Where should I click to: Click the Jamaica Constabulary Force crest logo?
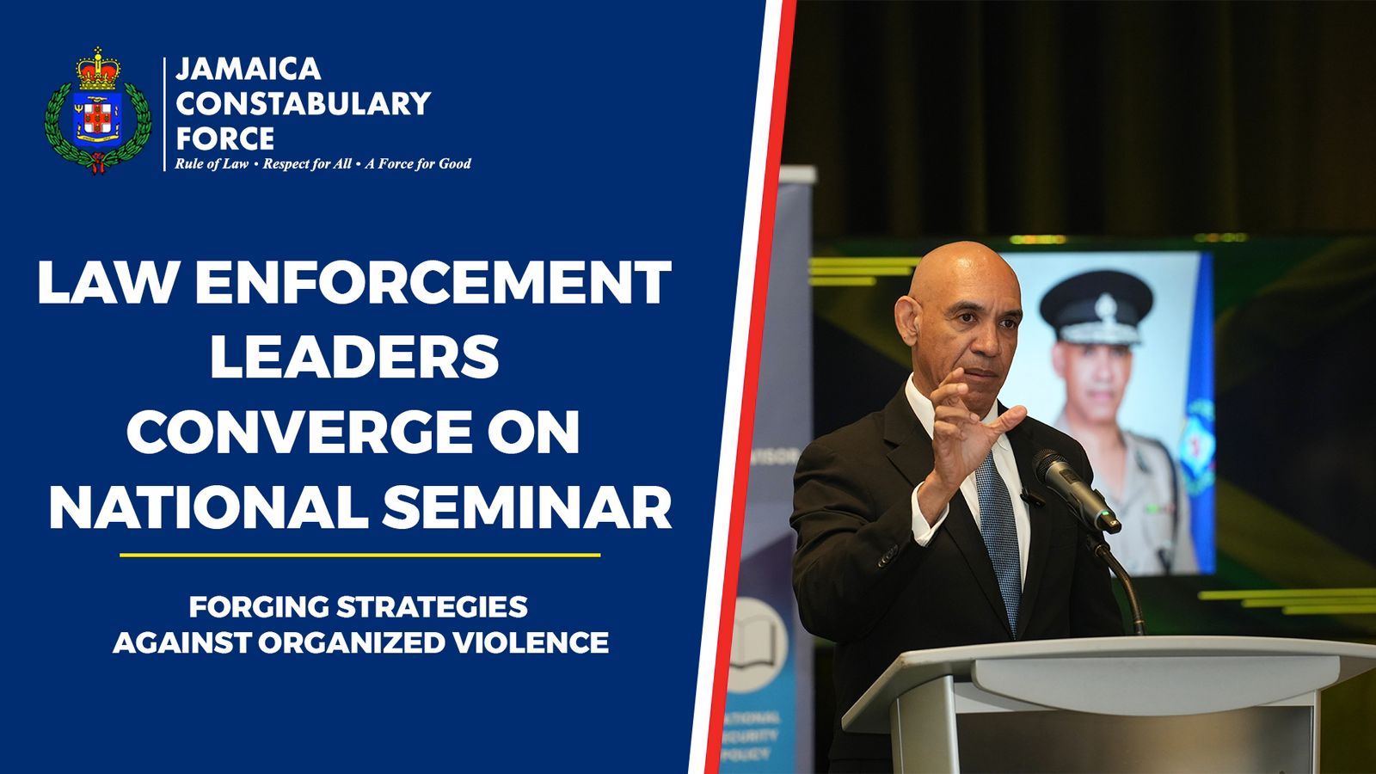tap(97, 112)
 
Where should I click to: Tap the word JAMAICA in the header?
tap(248, 69)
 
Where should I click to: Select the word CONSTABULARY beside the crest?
tap(303, 103)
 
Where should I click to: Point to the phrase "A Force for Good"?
tap(418, 163)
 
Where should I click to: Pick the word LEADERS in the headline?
tap(354, 357)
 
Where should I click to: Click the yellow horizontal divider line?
tap(359, 555)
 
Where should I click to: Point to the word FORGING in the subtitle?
tap(258, 606)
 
